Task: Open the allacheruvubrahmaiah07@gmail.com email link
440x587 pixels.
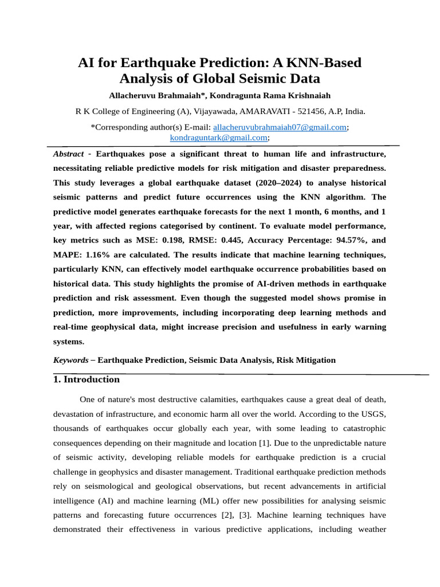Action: pyautogui.click(x=280, y=127)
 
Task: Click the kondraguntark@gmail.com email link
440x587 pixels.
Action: pyautogui.click(x=219, y=138)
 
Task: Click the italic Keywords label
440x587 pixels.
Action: pyautogui.click(x=71, y=360)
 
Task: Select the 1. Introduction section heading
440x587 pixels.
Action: pyautogui.click(x=87, y=379)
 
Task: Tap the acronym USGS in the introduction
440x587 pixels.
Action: pyautogui.click(x=374, y=414)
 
